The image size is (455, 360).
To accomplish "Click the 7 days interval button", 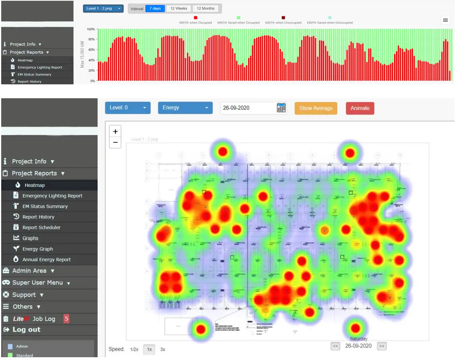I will (155, 8).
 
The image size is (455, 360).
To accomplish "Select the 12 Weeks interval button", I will (179, 8).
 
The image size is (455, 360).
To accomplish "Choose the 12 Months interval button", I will (205, 8).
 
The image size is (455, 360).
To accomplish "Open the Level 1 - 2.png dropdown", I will (103, 8).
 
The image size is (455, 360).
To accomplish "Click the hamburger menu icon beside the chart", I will (445, 20).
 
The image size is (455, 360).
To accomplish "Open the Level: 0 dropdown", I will (128, 108).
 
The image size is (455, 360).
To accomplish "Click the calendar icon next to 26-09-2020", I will (281, 108).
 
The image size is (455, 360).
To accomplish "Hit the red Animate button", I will (360, 108).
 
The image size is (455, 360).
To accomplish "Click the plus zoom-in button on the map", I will (115, 132).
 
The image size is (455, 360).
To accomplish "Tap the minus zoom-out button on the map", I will (115, 142).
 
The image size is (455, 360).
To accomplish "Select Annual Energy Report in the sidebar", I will (46, 259).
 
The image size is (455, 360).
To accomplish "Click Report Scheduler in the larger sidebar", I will (41, 228).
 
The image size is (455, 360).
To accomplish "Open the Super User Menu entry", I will (37, 283).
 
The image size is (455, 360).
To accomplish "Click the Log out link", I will (26, 330).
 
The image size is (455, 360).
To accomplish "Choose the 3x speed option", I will (162, 349).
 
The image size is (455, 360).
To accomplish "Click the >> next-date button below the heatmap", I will (381, 346).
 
